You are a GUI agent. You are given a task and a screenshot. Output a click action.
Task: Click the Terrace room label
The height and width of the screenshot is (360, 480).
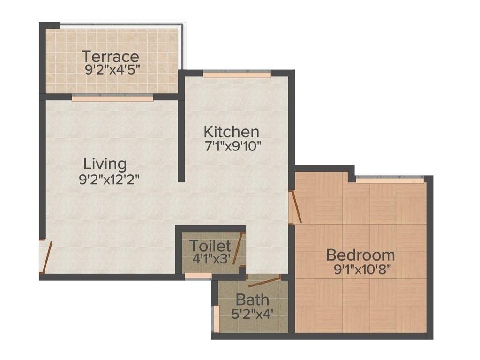pyautogui.click(x=111, y=56)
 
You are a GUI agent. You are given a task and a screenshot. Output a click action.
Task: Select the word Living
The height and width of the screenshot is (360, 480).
pyautogui.click(x=105, y=164)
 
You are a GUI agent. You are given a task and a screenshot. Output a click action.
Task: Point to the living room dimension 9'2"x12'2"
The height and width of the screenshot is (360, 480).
pyautogui.click(x=110, y=179)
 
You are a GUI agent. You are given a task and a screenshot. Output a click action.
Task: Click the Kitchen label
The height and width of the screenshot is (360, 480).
pyautogui.click(x=231, y=131)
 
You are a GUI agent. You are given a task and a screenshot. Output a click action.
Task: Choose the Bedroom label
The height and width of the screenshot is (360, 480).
pyautogui.click(x=360, y=255)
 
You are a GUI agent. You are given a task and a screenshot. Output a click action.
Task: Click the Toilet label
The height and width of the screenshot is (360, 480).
pyautogui.click(x=210, y=246)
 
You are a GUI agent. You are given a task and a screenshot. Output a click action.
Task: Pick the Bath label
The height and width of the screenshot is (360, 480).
pyautogui.click(x=252, y=299)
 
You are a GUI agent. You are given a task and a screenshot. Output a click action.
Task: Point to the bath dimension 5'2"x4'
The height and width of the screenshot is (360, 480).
pyautogui.click(x=253, y=313)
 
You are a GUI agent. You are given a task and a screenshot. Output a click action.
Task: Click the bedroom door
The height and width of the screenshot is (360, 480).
pyautogui.click(x=294, y=206)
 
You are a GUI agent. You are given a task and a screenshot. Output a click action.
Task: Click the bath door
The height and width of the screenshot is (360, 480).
pyautogui.click(x=264, y=281)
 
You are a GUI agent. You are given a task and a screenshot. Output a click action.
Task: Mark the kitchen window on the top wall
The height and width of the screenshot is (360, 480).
pyautogui.click(x=237, y=74)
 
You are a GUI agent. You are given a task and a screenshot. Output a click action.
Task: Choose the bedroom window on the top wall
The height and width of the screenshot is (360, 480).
pyautogui.click(x=390, y=179)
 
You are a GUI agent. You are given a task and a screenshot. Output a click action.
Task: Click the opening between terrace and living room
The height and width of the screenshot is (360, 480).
pyautogui.click(x=112, y=98)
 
